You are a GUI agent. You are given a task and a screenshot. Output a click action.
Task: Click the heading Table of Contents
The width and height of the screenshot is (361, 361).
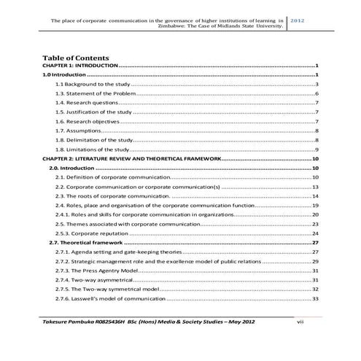point(76,57)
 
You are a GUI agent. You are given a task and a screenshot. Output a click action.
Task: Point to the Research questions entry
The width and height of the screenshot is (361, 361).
point(85,104)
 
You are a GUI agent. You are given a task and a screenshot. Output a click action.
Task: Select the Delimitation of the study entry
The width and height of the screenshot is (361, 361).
point(94,141)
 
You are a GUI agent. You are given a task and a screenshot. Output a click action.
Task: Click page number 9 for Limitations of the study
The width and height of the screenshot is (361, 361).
point(316,150)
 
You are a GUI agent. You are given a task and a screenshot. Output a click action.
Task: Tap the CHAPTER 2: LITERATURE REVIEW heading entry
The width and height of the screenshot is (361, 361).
point(131,159)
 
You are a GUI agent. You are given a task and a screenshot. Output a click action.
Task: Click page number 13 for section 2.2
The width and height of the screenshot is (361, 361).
point(314,187)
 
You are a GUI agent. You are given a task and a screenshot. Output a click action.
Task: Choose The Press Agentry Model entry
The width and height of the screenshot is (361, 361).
point(96,270)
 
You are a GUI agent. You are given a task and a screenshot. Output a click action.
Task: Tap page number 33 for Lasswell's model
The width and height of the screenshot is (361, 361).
point(314,298)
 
